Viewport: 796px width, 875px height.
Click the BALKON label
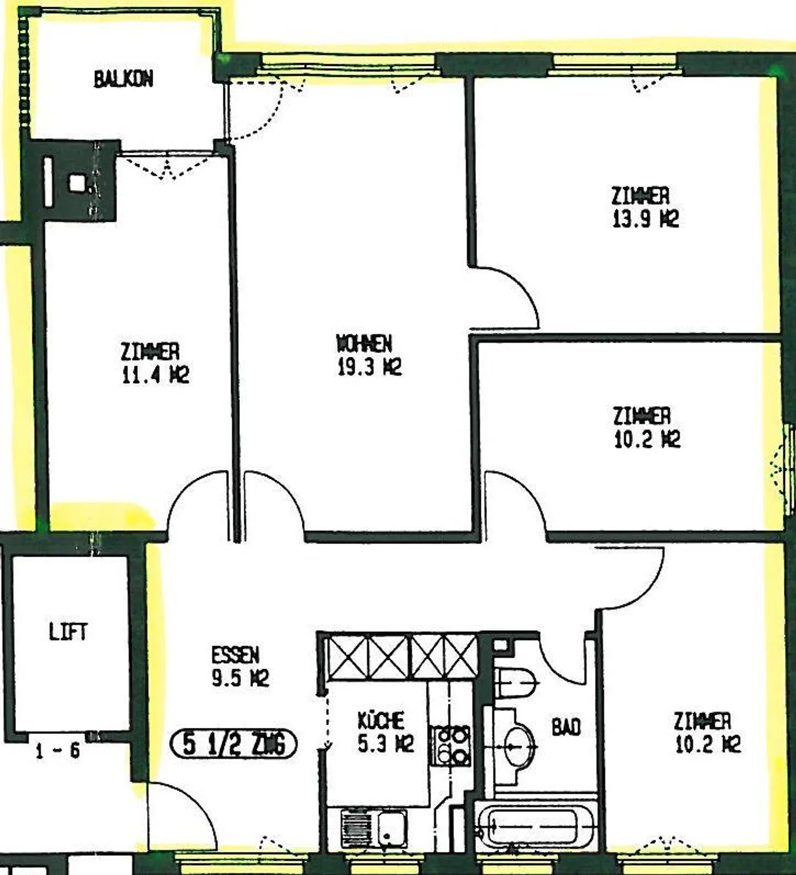pyautogui.click(x=123, y=79)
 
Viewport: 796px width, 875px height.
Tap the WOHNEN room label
pyautogui.click(x=364, y=344)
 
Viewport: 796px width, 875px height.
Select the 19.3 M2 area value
pyautogui.click(x=369, y=367)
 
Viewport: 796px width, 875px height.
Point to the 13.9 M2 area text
pyautogui.click(x=645, y=219)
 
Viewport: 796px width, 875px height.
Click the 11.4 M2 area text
pyautogui.click(x=155, y=375)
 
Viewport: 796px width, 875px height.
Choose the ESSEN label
pyautogui.click(x=235, y=655)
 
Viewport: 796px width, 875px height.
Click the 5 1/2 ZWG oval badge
pyautogui.click(x=233, y=744)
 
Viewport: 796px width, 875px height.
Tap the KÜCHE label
pyautogui.click(x=381, y=720)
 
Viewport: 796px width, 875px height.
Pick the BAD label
pyautogui.click(x=566, y=727)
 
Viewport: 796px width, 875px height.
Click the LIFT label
pyautogui.click(x=68, y=631)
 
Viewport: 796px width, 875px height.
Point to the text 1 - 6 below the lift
pyautogui.click(x=57, y=751)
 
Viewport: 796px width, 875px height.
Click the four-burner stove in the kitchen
pyautogui.click(x=452, y=745)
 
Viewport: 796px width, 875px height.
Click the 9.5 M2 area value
pyautogui.click(x=240, y=678)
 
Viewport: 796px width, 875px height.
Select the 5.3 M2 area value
pyautogui.click(x=385, y=744)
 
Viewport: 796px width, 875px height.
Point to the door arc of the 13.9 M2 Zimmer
pyautogui.click(x=511, y=293)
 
